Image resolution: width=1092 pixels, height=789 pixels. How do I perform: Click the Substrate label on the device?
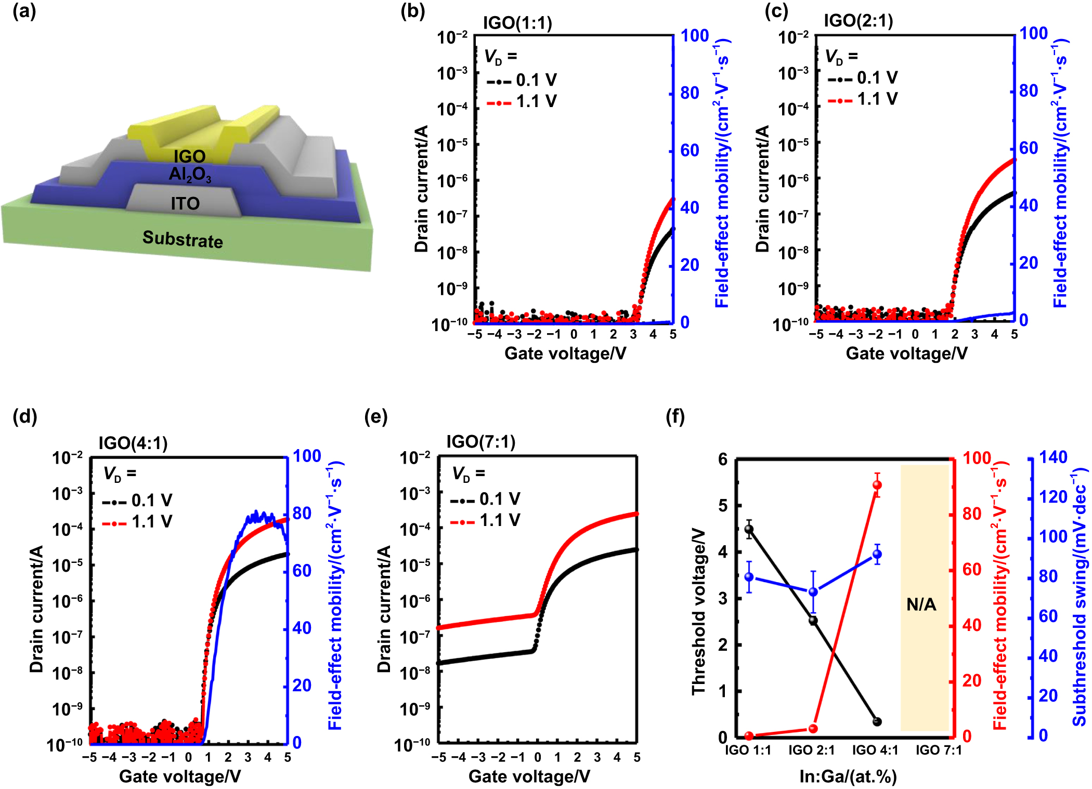point(183,239)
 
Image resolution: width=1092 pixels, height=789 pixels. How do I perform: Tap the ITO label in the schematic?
point(185,204)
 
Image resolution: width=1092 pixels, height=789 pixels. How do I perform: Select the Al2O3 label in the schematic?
point(190,174)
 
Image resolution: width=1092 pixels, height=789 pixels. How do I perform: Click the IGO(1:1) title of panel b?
point(517,23)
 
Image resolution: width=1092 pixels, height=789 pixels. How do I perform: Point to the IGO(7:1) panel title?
point(481,442)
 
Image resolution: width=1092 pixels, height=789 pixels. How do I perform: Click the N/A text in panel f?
point(921,604)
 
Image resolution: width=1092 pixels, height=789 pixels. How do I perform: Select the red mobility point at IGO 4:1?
point(877,485)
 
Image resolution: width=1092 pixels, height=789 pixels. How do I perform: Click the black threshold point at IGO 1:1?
point(749,530)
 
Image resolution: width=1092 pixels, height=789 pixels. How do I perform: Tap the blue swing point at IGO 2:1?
point(813,592)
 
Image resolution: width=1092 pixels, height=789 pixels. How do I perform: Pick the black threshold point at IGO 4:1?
point(877,721)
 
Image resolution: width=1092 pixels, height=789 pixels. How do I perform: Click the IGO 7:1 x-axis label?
point(939,750)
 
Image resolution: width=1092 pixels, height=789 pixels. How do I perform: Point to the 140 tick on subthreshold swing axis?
point(1053,457)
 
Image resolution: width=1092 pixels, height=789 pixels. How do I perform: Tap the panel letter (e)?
point(376,416)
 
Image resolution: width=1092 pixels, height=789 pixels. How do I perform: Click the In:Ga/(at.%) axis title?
point(848,777)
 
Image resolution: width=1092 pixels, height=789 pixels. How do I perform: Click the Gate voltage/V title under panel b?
point(565,353)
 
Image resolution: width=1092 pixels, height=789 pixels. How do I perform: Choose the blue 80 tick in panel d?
point(302,514)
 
